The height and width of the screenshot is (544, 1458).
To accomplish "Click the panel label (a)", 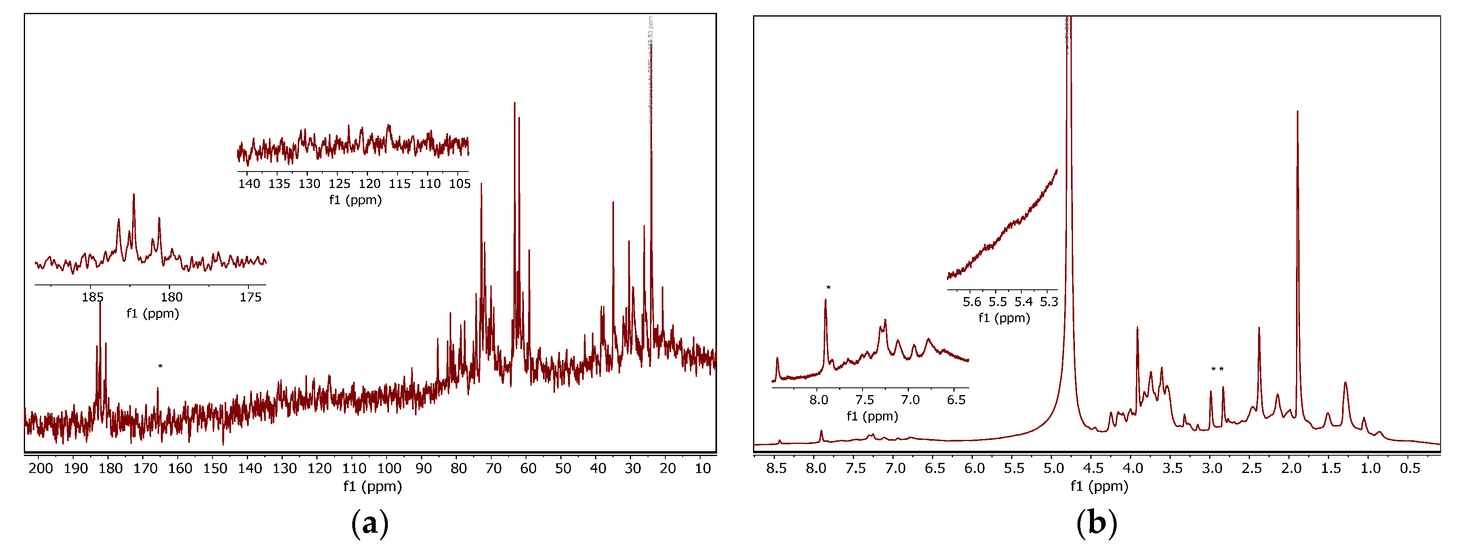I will pyautogui.click(x=370, y=523).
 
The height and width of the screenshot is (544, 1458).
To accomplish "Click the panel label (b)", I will pyautogui.click(x=1096, y=523).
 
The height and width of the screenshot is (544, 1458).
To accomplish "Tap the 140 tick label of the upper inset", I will pyautogui.click(x=249, y=184).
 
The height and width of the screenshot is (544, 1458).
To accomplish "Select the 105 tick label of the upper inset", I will pyautogui.click(x=460, y=184).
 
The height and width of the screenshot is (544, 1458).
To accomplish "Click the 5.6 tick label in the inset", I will pyautogui.click(x=972, y=302).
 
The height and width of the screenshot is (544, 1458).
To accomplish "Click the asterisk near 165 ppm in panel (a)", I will pyautogui.click(x=160, y=367).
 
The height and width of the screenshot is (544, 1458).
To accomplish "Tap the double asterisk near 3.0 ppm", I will pyautogui.click(x=1217, y=370).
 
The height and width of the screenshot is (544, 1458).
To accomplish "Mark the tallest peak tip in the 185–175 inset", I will pyautogui.click(x=134, y=195).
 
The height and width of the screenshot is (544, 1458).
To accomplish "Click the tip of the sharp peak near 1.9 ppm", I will pyautogui.click(x=1297, y=112).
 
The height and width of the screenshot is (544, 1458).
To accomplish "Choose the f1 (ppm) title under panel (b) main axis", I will pyautogui.click(x=1098, y=486).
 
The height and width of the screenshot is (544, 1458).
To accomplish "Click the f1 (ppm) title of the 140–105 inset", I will pyautogui.click(x=356, y=200).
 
